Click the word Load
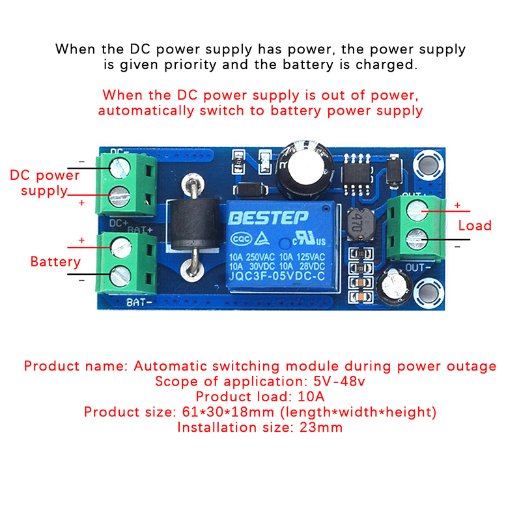tap(475, 226)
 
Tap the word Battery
tap(55, 262)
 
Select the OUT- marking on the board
tap(418, 268)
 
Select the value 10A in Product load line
tap(310, 397)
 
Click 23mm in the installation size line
tap(320, 428)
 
